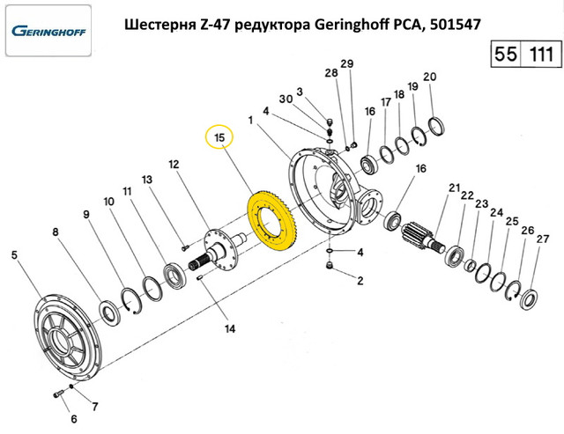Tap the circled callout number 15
tap(219, 138)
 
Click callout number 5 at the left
tap(14, 255)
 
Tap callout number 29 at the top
tap(346, 64)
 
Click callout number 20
tap(430, 77)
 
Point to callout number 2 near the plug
tap(360, 282)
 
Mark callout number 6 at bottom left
tap(74, 418)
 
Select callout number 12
tap(174, 165)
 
